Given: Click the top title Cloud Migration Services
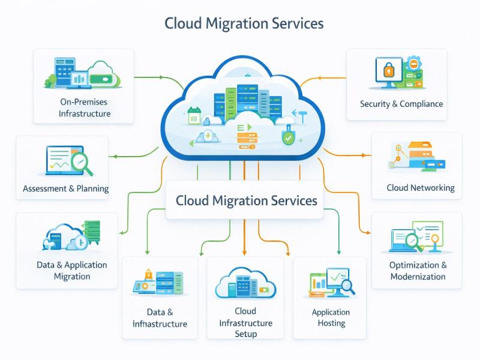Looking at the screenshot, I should [x=244, y=23].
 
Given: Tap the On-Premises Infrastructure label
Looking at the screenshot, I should [x=85, y=107].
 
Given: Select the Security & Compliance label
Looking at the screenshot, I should [x=401, y=104].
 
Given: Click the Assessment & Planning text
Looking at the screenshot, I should [x=66, y=188].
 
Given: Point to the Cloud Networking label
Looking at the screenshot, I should [x=420, y=188].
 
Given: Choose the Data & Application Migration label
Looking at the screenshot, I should [x=72, y=271].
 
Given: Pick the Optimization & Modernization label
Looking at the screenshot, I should [x=418, y=271].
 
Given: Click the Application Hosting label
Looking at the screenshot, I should [x=331, y=317].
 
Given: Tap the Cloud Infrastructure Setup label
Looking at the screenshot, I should [x=245, y=322].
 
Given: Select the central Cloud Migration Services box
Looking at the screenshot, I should [x=246, y=200].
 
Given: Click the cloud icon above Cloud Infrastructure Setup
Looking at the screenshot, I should [x=245, y=284].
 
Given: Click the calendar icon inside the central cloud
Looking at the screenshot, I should [x=194, y=115].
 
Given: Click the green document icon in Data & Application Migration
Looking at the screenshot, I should [x=92, y=230].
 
